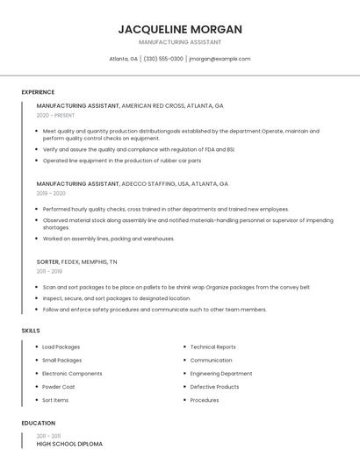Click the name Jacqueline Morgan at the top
180,29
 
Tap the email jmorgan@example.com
220,59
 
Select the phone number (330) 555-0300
163,59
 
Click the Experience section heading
38,92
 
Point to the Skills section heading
30,331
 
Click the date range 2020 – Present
56,115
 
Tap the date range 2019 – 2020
51,193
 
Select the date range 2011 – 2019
50,271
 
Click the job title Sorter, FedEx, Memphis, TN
76,261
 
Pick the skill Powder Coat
59,387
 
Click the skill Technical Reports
212,347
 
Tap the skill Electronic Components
72,374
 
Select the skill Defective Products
214,387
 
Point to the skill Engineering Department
220,374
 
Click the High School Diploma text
69,444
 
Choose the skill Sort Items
55,400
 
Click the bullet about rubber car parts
122,161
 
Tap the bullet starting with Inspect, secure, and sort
117,298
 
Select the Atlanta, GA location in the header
123,59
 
